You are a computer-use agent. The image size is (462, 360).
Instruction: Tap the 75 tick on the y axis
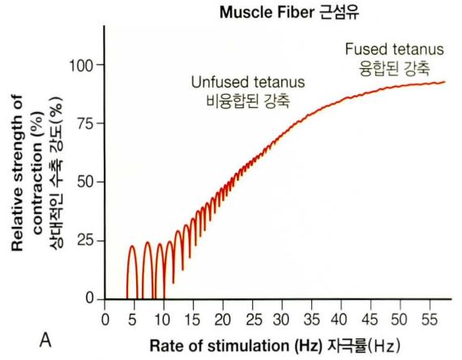click(86, 123)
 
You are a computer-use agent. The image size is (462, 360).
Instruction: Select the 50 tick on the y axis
click(86, 182)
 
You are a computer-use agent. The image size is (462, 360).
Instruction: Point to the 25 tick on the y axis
click(86, 241)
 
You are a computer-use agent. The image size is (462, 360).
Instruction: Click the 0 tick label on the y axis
click(90, 299)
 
